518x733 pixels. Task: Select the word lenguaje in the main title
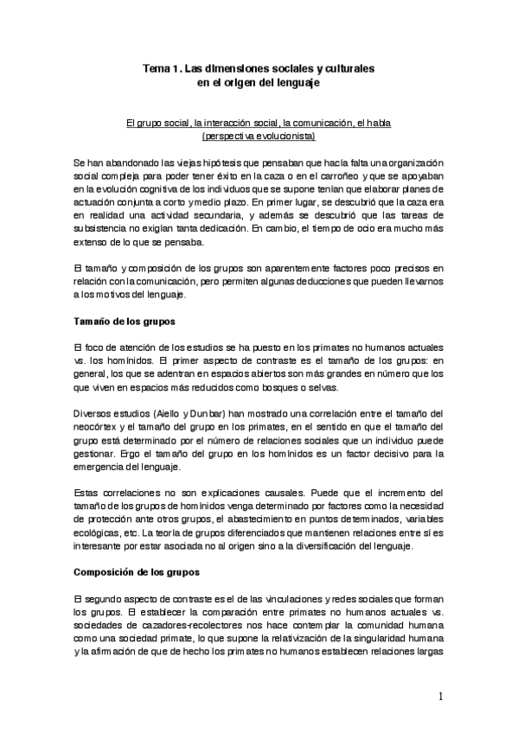(x=297, y=82)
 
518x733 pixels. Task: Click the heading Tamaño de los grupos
(x=125, y=322)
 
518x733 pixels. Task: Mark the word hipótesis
(x=207, y=162)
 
